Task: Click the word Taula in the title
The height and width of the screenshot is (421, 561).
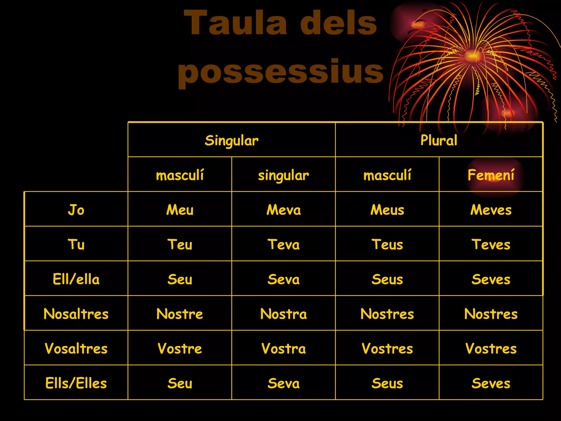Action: tap(236, 23)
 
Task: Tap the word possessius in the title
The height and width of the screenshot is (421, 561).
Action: tap(280, 72)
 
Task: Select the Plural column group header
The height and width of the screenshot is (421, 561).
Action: tap(439, 140)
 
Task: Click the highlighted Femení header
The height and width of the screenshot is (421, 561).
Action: tap(491, 175)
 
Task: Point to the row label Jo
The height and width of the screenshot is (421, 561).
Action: tap(76, 210)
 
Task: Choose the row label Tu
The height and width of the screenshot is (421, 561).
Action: tap(76, 244)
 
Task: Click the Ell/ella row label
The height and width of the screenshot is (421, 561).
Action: tap(76, 279)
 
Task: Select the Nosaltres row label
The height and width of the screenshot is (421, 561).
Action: tap(76, 314)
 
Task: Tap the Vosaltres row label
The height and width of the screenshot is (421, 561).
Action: tap(76, 349)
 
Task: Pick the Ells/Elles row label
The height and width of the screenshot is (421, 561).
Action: tap(76, 383)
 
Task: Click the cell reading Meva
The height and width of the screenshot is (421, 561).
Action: tap(284, 210)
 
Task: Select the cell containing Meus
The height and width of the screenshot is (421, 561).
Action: tap(387, 210)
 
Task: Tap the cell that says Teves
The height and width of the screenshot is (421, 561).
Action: tap(491, 244)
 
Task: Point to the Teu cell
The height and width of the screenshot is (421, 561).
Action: tap(180, 244)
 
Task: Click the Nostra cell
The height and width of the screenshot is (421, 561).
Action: tap(284, 314)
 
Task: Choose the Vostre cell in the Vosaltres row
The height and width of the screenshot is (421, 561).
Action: tap(180, 349)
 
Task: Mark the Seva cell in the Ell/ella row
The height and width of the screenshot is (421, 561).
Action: tap(284, 279)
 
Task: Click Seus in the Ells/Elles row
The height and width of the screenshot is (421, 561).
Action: tap(387, 383)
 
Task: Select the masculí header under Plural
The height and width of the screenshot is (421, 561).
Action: tap(387, 175)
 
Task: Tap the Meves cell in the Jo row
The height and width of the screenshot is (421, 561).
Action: tap(491, 210)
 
